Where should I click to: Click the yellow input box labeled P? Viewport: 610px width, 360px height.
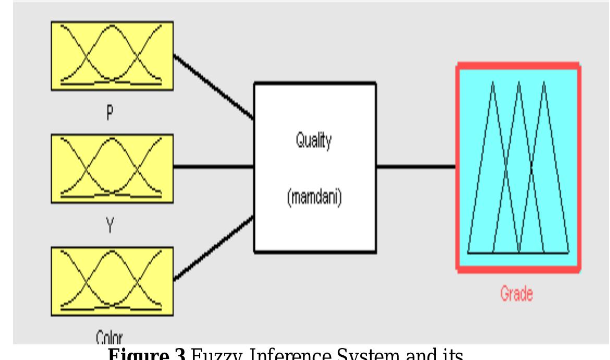click(112, 55)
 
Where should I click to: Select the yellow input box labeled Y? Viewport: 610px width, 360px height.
click(112, 167)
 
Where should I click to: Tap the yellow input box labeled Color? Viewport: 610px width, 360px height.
click(112, 281)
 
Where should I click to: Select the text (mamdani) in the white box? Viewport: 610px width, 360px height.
click(314, 199)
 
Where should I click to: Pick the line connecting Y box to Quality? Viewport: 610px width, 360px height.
click(214, 167)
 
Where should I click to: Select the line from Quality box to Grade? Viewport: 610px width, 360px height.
click(416, 167)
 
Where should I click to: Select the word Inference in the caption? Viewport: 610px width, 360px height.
click(281, 354)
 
